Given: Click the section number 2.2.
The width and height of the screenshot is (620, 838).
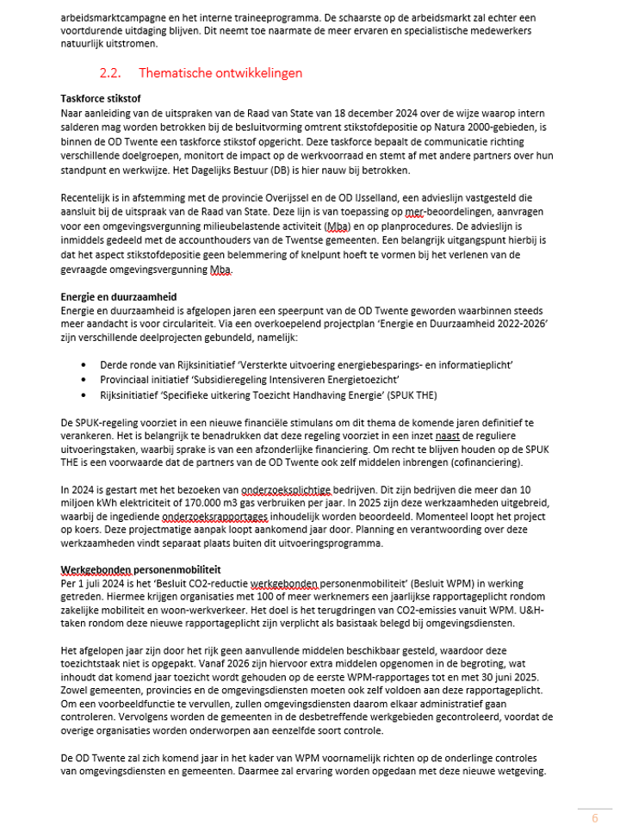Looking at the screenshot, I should tap(112, 73).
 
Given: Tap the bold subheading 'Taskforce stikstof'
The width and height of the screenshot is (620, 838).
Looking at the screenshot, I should tap(101, 99).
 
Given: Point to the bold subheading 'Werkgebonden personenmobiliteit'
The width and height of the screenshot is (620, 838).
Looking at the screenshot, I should tap(140, 569).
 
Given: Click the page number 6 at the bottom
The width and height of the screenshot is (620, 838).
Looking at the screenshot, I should tap(594, 818).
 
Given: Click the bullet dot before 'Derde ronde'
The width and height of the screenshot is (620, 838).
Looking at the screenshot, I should tap(83, 365).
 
